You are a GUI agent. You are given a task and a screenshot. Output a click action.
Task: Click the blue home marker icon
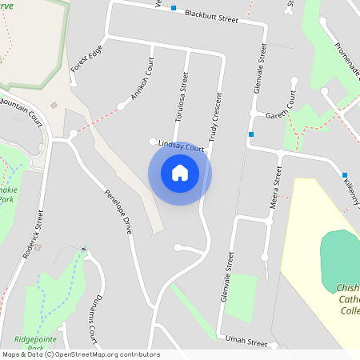(x=180, y=173)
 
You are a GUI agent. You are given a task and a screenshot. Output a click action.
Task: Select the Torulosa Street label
(x=181, y=96)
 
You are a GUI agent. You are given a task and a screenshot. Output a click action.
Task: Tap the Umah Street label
(x=246, y=342)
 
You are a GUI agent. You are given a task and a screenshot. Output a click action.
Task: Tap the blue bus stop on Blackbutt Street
(x=173, y=8)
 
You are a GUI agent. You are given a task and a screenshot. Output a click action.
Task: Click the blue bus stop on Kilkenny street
(x=345, y=175)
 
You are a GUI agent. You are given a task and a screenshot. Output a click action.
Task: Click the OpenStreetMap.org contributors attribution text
(x=107, y=354)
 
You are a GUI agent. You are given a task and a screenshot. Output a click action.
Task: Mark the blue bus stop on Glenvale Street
(x=251, y=134)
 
